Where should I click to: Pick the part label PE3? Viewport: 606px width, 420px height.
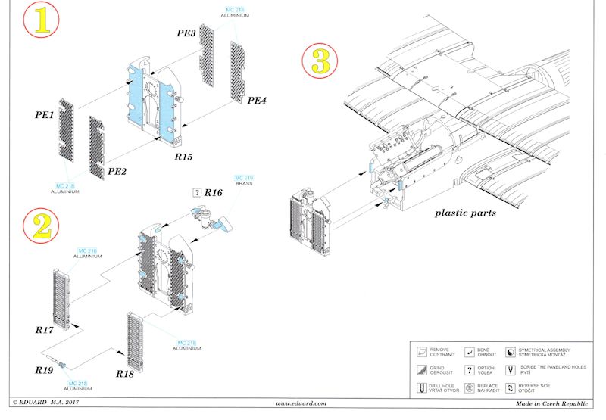(x=186, y=34)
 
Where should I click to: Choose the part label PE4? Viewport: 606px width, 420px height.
(x=258, y=100)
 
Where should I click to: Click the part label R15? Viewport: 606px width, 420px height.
(x=183, y=157)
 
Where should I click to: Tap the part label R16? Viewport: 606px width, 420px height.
(x=214, y=194)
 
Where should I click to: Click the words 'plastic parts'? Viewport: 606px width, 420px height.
(x=465, y=213)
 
